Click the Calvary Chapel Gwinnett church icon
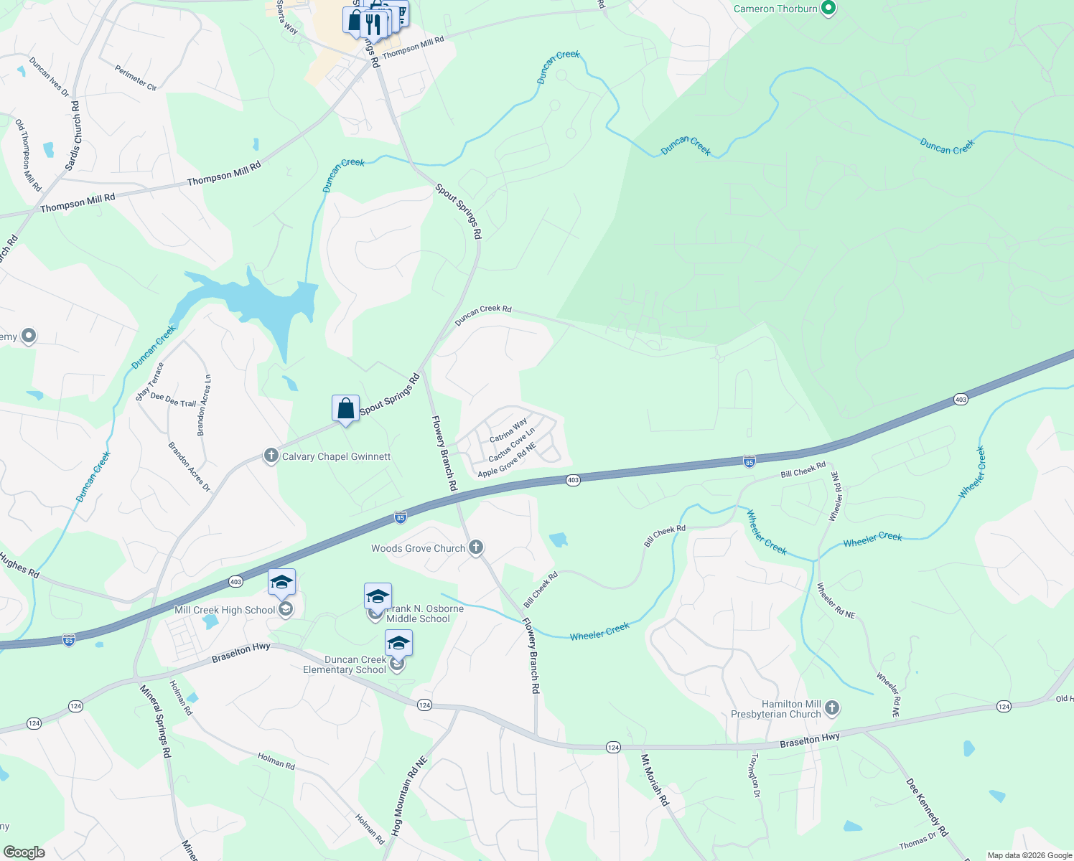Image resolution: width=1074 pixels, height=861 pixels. coord(271,456)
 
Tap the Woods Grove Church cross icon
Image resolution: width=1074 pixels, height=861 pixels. coord(475,548)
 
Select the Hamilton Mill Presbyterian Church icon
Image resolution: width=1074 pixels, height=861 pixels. coord(831,709)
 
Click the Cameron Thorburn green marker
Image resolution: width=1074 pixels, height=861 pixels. coord(828,9)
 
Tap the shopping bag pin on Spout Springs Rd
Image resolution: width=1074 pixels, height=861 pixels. coord(345,409)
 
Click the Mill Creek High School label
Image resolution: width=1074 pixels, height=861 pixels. coord(225,610)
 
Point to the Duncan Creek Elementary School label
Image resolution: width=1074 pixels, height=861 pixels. coord(345,664)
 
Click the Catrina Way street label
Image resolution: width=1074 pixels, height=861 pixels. coord(508,430)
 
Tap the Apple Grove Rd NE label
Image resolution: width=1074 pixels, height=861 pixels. coord(507,461)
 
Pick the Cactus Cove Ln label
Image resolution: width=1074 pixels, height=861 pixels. coord(512,446)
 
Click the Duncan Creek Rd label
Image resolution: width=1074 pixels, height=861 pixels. coord(483,314)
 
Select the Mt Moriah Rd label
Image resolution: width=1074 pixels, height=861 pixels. coord(655,779)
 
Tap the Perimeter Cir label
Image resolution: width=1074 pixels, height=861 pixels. coord(136,77)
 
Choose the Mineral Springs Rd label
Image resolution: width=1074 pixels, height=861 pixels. coord(156,721)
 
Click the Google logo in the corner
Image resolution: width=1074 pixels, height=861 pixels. coord(24,852)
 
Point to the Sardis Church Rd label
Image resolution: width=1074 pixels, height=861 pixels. coord(73,136)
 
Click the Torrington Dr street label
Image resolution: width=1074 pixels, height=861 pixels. coord(755,775)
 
